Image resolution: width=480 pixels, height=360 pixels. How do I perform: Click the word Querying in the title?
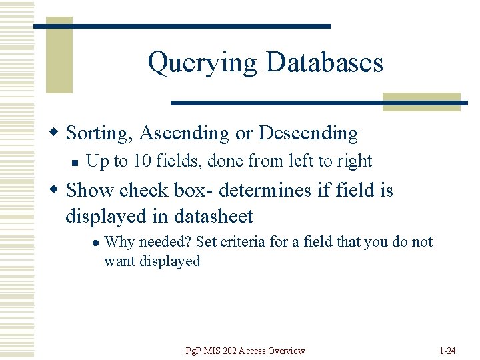(x=202, y=63)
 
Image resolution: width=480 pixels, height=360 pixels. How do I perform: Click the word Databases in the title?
(x=324, y=63)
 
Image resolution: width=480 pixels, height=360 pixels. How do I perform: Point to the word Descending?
(x=308, y=133)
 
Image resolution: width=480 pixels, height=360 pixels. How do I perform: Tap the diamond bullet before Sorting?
(x=57, y=133)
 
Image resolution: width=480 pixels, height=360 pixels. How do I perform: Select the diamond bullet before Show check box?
(x=57, y=190)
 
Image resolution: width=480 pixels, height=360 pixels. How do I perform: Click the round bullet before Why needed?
(x=95, y=243)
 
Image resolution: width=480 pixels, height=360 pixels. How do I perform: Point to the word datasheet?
(x=213, y=216)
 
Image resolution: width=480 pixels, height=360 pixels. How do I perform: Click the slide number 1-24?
(x=448, y=351)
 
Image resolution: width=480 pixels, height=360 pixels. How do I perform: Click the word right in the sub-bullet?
(x=354, y=161)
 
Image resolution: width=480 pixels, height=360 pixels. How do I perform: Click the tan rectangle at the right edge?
(x=421, y=101)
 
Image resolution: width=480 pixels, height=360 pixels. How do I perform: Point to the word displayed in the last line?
(x=169, y=261)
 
